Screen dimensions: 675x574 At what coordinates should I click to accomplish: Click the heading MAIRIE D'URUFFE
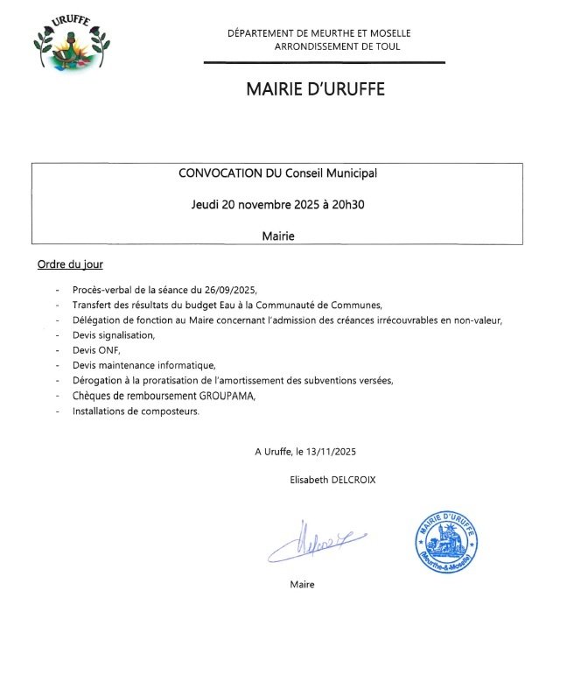click(x=315, y=89)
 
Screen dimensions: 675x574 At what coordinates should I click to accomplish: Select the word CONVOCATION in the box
click(x=219, y=173)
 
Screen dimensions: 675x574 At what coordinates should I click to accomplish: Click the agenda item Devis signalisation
click(x=113, y=335)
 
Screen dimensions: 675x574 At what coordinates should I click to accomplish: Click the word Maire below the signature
click(x=302, y=584)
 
